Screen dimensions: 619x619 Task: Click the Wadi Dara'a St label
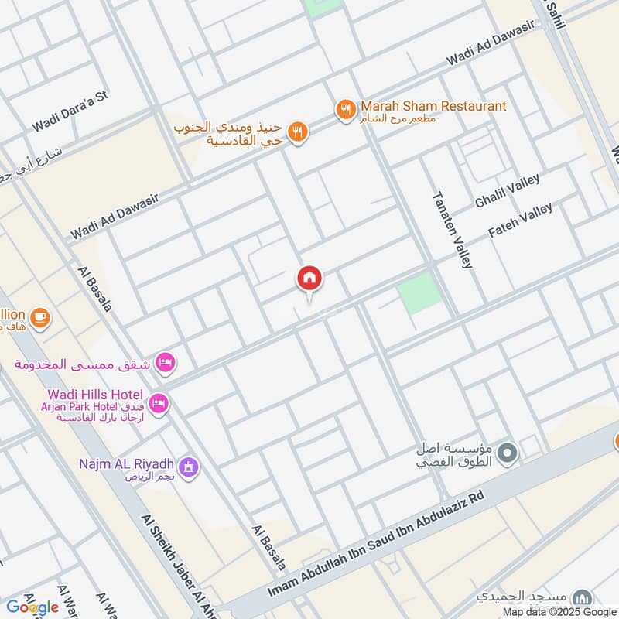pyautogui.click(x=70, y=112)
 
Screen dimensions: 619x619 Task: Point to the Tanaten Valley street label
pyautogui.click(x=452, y=230)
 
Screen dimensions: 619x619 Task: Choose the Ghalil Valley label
pyautogui.click(x=508, y=190)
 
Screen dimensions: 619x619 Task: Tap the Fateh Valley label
pyautogui.click(x=520, y=221)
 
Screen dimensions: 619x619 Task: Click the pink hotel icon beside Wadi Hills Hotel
pyautogui.click(x=159, y=403)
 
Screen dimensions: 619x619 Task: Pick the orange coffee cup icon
pyautogui.click(x=39, y=316)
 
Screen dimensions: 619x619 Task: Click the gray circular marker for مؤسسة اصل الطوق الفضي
pyautogui.click(x=508, y=453)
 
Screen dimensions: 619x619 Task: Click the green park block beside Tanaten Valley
pyautogui.click(x=420, y=292)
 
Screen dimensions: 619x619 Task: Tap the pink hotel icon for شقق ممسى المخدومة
pyautogui.click(x=165, y=361)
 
